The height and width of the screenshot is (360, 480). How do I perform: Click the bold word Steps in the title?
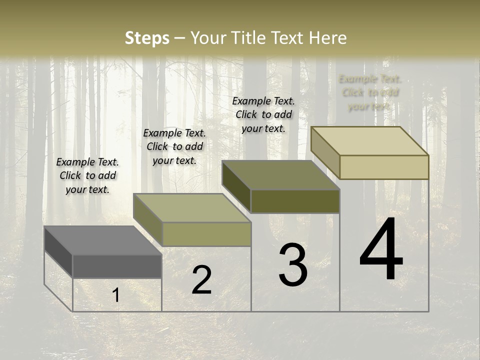146,38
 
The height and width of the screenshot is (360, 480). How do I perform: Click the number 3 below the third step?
292,265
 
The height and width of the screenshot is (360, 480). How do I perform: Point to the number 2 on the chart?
201,280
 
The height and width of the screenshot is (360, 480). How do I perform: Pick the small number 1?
116,295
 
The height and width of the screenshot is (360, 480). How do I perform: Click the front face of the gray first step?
117,266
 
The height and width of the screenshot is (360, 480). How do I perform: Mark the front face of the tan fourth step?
384,167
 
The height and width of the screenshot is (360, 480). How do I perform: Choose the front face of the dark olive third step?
295,201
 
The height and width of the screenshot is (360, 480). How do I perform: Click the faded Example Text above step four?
369,92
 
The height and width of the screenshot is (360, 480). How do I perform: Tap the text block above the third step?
263,114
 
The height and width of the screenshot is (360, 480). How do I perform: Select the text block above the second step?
174,146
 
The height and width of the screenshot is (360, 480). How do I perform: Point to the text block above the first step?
87,175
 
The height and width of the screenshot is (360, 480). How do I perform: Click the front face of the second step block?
206,234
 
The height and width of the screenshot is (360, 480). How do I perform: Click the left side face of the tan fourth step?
325,152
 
